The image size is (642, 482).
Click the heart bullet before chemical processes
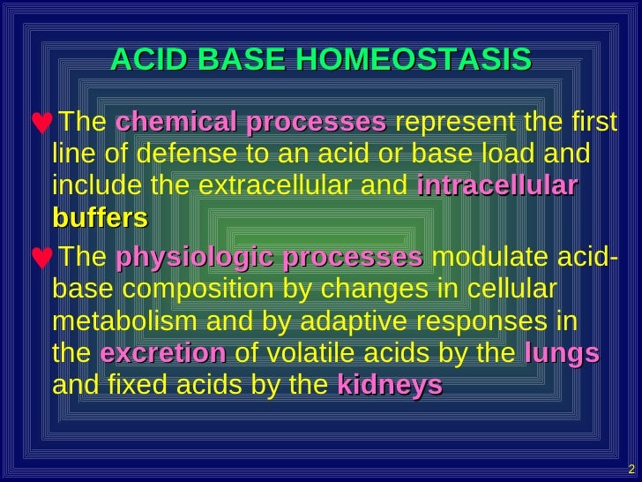click(x=40, y=123)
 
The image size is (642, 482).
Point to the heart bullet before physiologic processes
click(x=40, y=260)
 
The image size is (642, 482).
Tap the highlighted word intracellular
click(x=497, y=187)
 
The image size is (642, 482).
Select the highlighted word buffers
click(x=100, y=218)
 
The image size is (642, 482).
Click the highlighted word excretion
click(x=163, y=353)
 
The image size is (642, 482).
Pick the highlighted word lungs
click(x=562, y=353)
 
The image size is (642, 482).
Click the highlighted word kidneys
click(x=389, y=385)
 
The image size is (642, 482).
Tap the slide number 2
click(x=631, y=468)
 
